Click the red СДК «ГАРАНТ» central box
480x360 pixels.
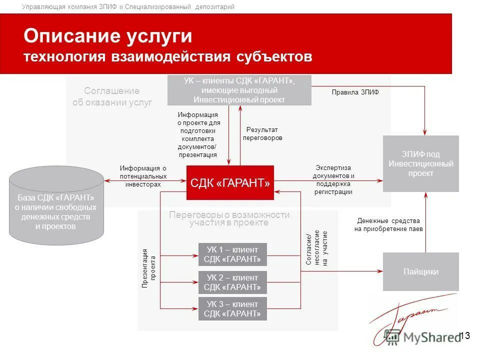tap(230, 183)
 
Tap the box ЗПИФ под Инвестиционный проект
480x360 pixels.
tap(420, 163)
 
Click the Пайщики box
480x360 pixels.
tap(420, 271)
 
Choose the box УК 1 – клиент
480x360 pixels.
tap(232, 254)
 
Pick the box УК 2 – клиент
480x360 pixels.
tap(232, 282)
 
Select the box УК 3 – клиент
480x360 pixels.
tap(232, 309)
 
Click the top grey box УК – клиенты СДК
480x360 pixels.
tap(239, 90)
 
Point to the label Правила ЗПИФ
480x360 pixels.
tap(355, 92)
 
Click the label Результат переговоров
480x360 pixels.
tap(262, 133)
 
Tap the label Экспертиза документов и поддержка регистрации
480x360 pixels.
tap(333, 179)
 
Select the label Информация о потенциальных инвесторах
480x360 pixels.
tap(143, 176)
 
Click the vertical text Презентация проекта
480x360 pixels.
tap(149, 268)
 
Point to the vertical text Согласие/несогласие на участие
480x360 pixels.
tap(316, 248)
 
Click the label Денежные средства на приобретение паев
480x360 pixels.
tap(388, 224)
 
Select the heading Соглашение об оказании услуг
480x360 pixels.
tap(111, 96)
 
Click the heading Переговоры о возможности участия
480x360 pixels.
tap(229, 218)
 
